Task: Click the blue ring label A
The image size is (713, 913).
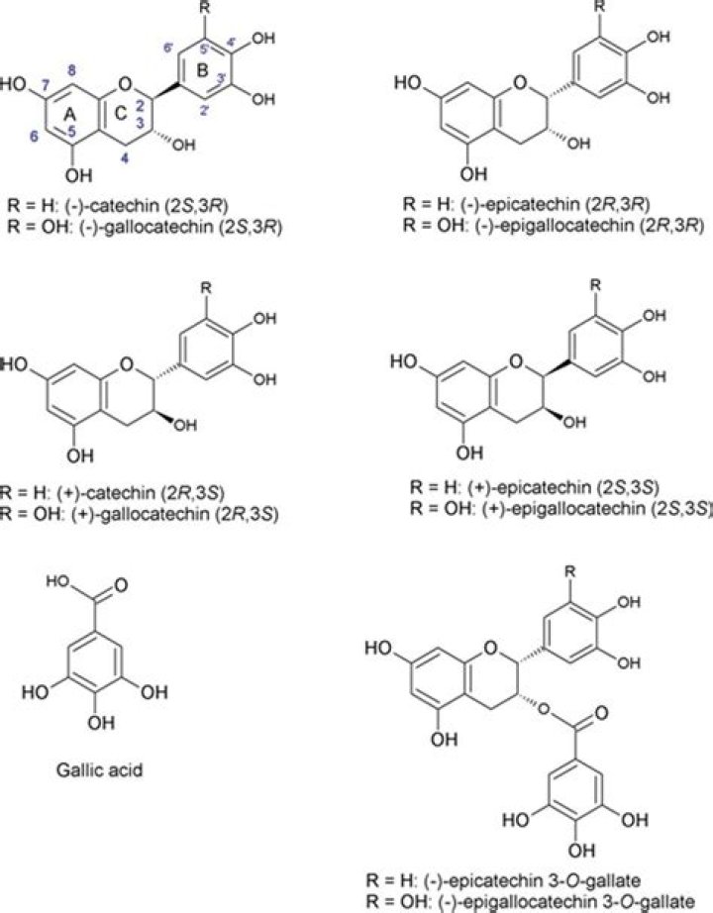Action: coord(69,116)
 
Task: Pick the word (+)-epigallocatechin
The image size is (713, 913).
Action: coord(525,507)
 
